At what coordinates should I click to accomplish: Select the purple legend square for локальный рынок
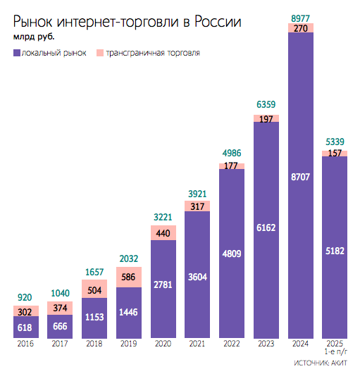click(16, 53)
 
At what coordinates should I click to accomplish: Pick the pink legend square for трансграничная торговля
click(99, 53)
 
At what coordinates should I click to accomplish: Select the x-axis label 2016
click(26, 344)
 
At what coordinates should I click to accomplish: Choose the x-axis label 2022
click(232, 344)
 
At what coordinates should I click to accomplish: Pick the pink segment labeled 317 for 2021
click(197, 206)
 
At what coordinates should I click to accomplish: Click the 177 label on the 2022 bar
click(232, 166)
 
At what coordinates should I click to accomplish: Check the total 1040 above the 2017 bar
click(60, 294)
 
